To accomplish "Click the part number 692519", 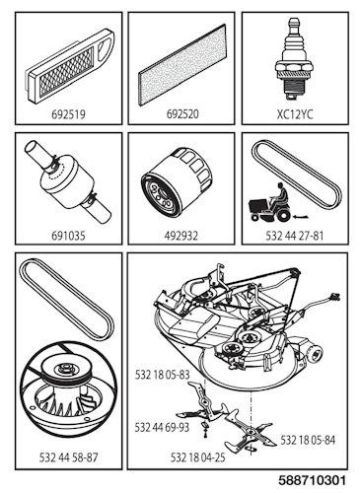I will click(69, 114).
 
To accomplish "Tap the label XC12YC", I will click(291, 114).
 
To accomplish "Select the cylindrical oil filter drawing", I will click(180, 184).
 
